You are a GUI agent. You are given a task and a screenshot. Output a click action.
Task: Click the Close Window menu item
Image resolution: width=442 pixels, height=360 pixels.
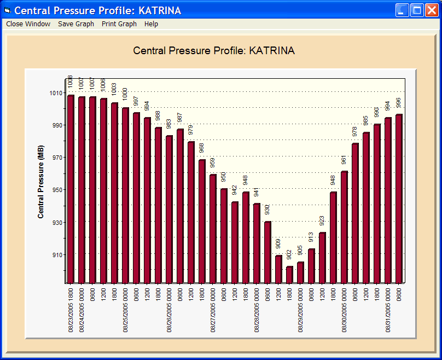pos(28,24)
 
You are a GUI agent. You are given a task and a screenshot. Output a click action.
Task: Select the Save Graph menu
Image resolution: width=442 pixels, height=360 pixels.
pos(76,24)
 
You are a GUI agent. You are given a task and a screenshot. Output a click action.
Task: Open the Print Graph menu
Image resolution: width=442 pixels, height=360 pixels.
pos(119,24)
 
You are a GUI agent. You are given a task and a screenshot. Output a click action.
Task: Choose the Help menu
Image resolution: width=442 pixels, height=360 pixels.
pos(151,24)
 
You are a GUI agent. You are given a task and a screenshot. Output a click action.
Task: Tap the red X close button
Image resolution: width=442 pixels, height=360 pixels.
pos(431,10)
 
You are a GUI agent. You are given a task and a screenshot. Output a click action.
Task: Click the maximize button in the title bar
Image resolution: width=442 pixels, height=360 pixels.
pos(417,10)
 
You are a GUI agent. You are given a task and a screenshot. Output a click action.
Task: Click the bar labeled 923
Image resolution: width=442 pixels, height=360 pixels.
pos(322,258)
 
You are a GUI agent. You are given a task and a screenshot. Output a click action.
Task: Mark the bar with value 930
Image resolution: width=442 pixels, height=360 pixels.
pos(267,252)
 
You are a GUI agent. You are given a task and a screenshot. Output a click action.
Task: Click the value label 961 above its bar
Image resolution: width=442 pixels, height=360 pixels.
pos(344,160)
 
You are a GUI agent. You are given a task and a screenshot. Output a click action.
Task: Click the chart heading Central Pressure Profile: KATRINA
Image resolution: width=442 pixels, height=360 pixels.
pos(214,51)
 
